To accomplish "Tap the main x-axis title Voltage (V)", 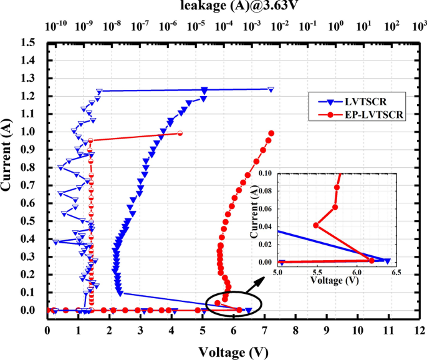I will pos(233,353).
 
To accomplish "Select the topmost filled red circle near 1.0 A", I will pos(271,133).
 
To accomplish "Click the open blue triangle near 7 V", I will pos(271,89).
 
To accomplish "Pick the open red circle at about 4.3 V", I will pos(180,133).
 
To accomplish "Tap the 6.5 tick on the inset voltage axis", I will pos(396,273).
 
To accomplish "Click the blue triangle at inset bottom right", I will pos(387,261).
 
